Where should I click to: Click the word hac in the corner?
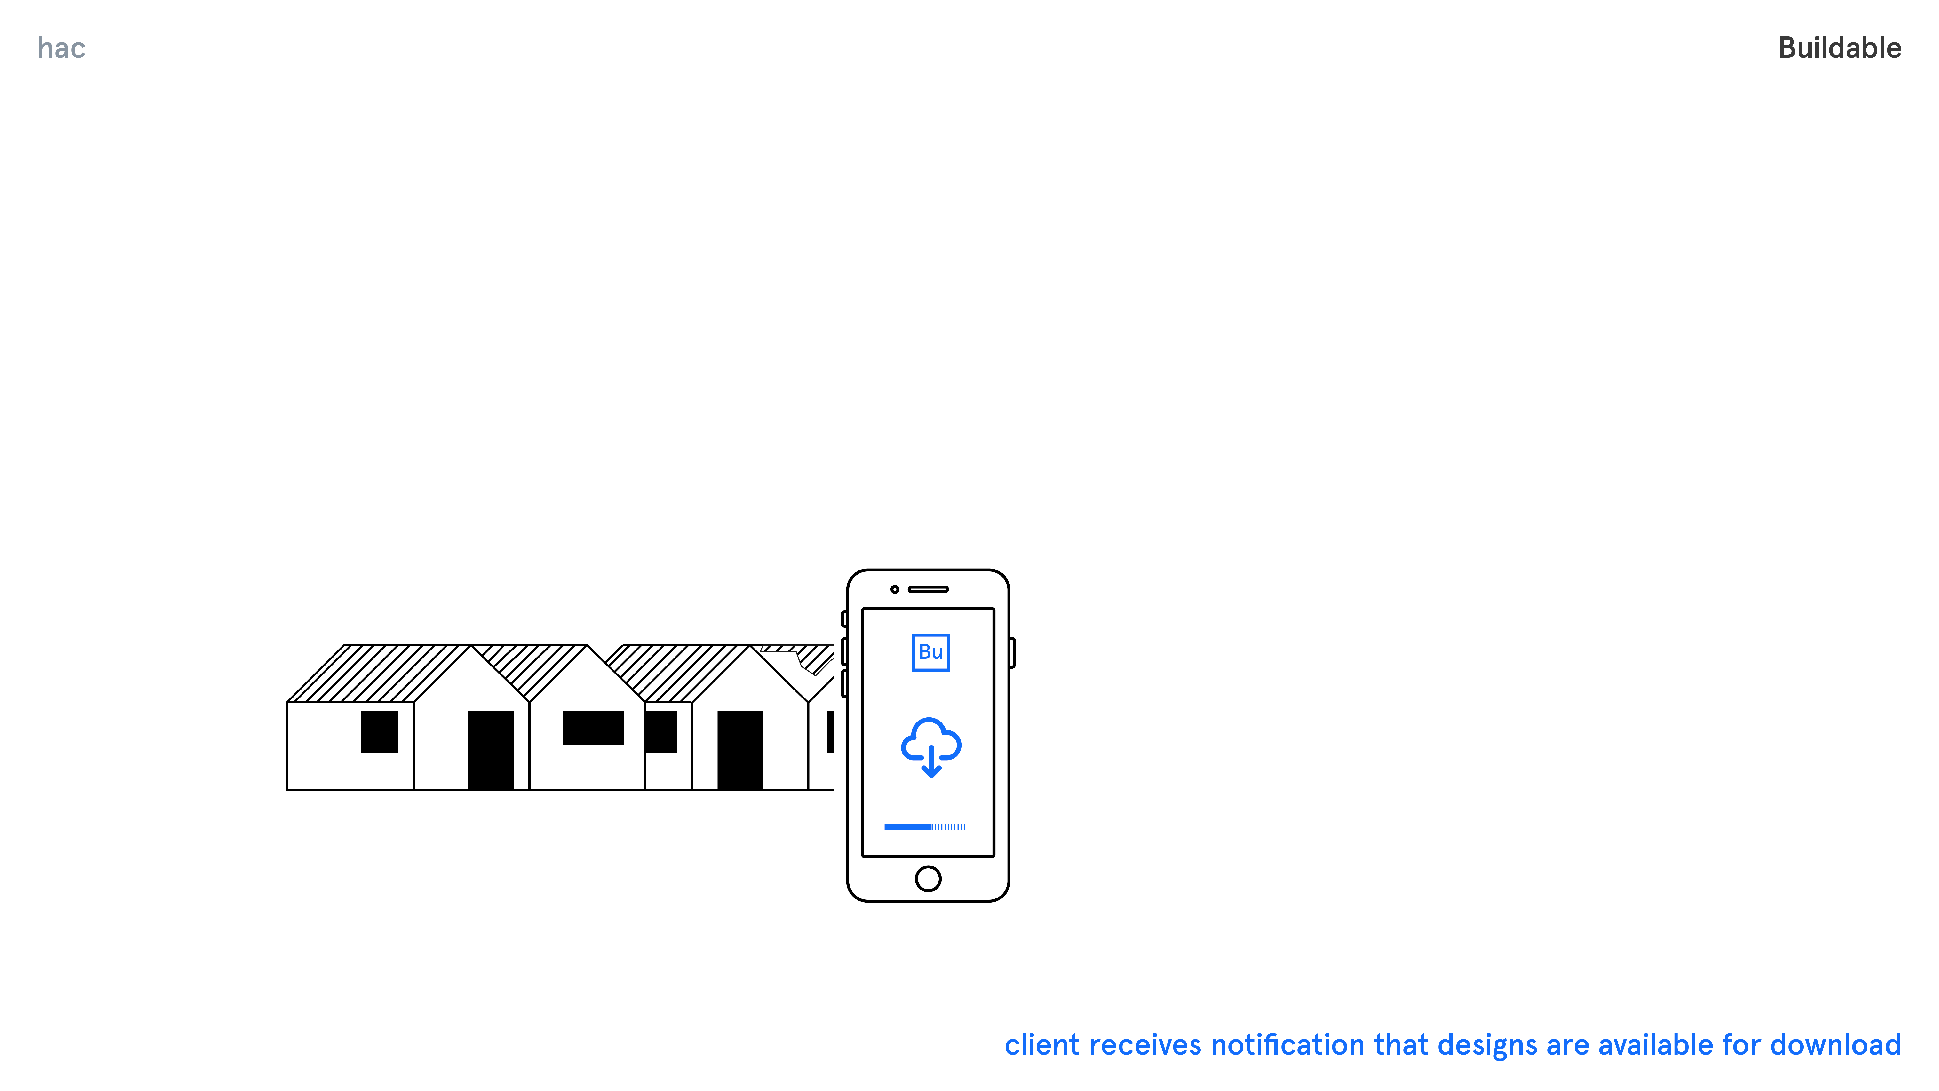(x=62, y=48)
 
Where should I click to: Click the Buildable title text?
(x=1840, y=48)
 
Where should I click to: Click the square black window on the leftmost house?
(x=379, y=731)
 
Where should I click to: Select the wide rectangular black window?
(x=593, y=727)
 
